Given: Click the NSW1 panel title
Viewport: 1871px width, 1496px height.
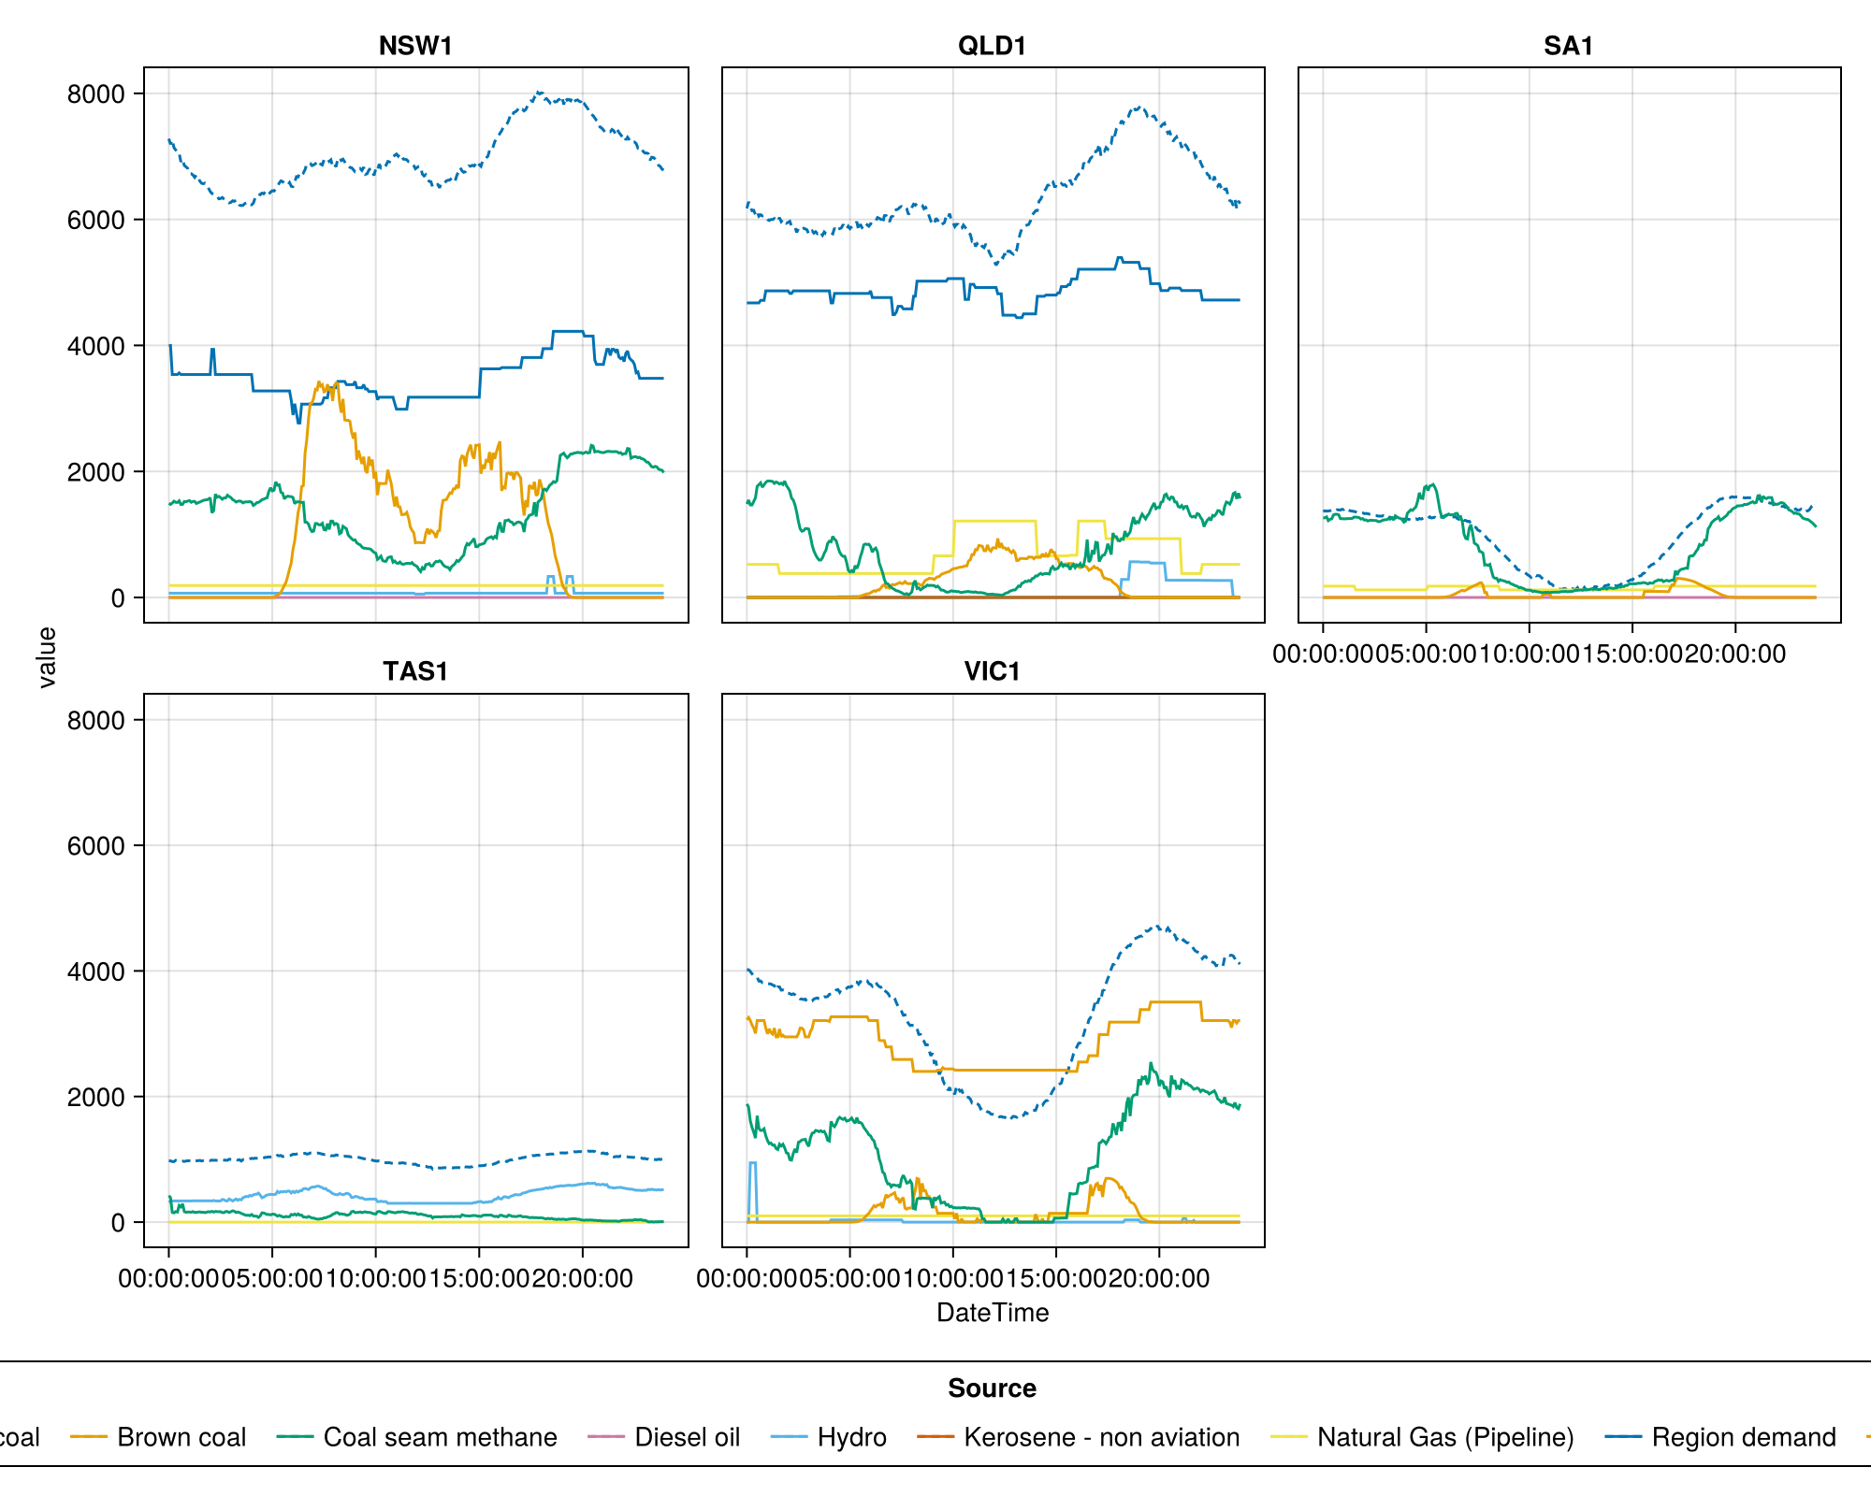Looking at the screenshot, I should (415, 46).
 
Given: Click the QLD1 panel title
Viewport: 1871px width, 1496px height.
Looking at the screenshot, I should (992, 46).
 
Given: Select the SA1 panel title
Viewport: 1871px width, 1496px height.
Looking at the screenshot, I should (1568, 46).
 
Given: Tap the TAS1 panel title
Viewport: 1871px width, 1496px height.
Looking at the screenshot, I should (415, 671).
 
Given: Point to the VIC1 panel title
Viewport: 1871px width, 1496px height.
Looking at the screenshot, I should (992, 671).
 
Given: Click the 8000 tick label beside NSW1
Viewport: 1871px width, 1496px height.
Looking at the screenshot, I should (95, 93).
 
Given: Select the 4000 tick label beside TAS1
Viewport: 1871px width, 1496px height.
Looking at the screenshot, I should (95, 971).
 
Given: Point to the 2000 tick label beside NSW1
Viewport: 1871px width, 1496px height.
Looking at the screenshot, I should (95, 472).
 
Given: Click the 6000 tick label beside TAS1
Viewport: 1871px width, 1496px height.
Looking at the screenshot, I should (95, 846).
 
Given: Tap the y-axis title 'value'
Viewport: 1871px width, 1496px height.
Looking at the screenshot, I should (46, 657).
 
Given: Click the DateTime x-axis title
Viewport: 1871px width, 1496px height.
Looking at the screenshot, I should (993, 1313).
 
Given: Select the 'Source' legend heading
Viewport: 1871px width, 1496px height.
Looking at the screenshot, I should (992, 1388).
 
